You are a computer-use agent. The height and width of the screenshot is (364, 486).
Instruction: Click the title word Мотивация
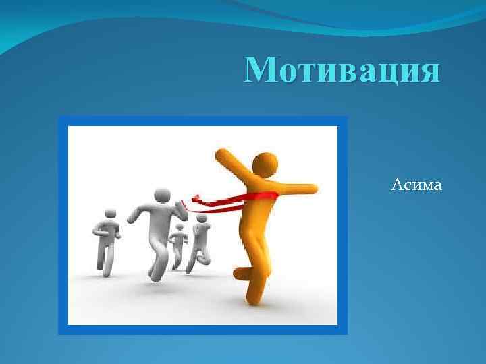343,70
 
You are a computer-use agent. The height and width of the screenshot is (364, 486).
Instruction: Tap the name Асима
416,183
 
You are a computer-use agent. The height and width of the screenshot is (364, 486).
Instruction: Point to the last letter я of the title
429,71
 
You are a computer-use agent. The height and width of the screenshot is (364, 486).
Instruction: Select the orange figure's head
265,164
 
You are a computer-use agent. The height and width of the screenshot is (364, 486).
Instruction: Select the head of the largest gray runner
161,195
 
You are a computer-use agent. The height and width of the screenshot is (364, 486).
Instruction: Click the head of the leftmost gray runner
111,215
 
